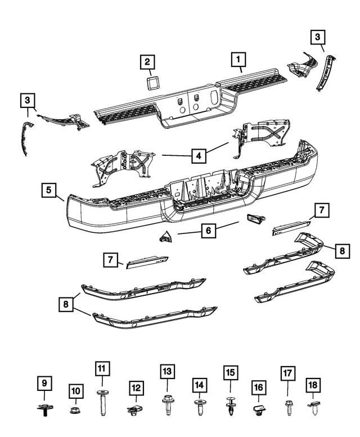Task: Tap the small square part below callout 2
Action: [x=151, y=84]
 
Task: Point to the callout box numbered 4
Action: [x=197, y=155]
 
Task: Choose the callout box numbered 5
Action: [x=49, y=191]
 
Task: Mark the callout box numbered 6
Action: [x=208, y=229]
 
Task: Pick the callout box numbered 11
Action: [x=102, y=369]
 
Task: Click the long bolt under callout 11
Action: [x=102, y=402]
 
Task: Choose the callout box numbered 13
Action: [x=166, y=372]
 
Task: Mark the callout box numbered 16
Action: [x=259, y=388]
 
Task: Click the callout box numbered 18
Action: [x=313, y=385]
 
